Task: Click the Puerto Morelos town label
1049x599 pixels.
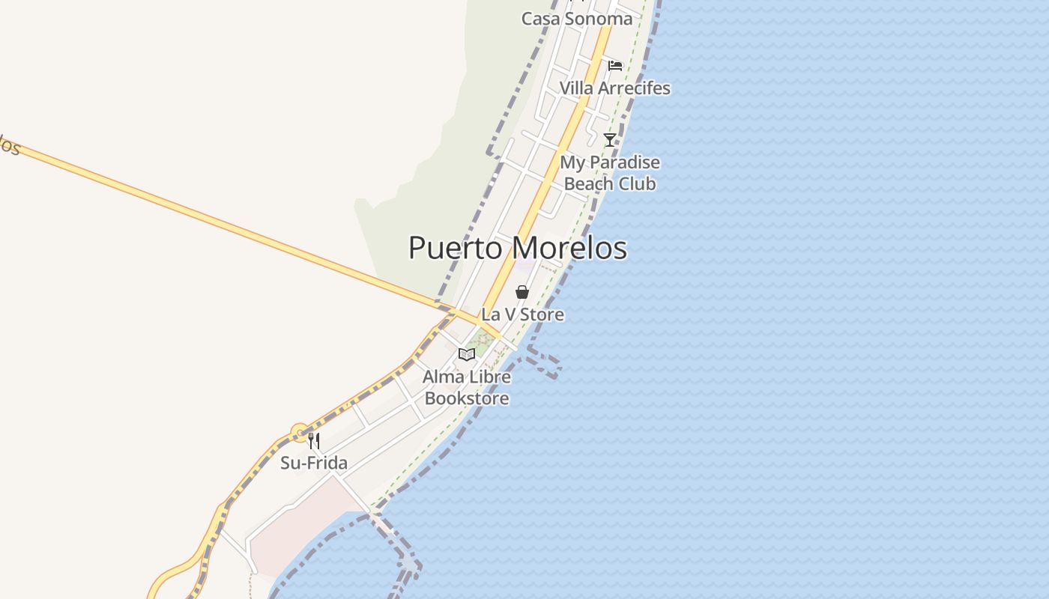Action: pyautogui.click(x=517, y=248)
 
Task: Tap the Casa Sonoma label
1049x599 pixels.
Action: pyautogui.click(x=577, y=19)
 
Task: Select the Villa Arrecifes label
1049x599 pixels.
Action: pyautogui.click(x=614, y=88)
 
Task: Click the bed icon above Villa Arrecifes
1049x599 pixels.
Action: pyautogui.click(x=615, y=66)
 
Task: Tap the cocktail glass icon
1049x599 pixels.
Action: pyautogui.click(x=610, y=139)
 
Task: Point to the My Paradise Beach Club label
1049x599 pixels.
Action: pyautogui.click(x=610, y=173)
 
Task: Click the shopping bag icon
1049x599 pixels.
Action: pyautogui.click(x=522, y=292)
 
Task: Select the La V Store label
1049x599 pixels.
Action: pyautogui.click(x=523, y=314)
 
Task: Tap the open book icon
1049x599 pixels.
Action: pyautogui.click(x=467, y=354)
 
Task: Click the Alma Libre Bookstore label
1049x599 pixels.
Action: pyautogui.click(x=467, y=387)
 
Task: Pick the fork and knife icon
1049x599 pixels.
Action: pyautogui.click(x=314, y=441)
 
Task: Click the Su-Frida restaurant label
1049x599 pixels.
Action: pyautogui.click(x=314, y=463)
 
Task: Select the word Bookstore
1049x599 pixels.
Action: pyautogui.click(x=467, y=398)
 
